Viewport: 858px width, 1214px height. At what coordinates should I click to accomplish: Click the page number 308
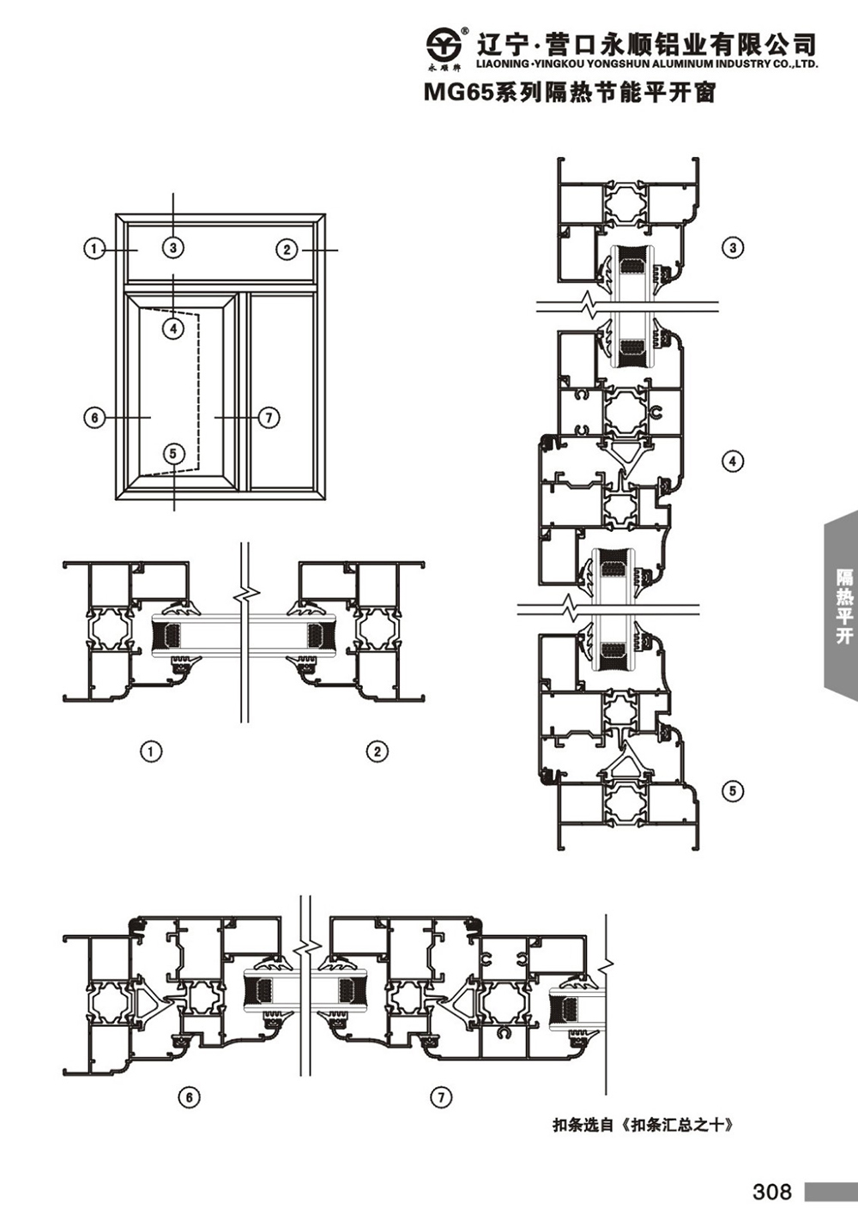pos(772,1191)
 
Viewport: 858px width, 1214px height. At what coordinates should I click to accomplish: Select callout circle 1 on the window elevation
pos(95,250)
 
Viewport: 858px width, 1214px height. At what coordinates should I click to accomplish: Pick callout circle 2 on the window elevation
pos(287,250)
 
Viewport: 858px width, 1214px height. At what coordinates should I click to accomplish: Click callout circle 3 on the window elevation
pos(173,248)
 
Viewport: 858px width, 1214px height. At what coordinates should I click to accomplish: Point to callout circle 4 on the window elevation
pos(173,328)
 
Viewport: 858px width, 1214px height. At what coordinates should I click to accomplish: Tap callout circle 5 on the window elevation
pos(173,453)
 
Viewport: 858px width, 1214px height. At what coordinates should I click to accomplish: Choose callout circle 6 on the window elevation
pos(95,418)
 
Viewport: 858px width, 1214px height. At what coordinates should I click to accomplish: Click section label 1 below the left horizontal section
pos(151,752)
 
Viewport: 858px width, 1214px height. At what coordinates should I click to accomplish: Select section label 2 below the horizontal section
pos(378,752)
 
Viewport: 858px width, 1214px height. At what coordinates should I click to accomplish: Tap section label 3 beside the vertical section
pos(733,248)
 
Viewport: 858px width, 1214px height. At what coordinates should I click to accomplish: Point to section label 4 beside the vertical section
pos(733,462)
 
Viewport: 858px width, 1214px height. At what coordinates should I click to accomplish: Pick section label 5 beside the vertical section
pos(733,791)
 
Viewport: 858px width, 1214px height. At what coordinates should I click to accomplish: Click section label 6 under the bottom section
pos(189,1097)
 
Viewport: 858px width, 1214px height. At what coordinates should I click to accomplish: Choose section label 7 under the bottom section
pos(441,1097)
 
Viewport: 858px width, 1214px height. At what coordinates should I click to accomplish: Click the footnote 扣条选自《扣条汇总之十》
pos(643,1126)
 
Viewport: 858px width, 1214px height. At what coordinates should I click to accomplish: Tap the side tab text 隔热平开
pos(844,606)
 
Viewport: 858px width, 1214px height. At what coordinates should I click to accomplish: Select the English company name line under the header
pos(646,64)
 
